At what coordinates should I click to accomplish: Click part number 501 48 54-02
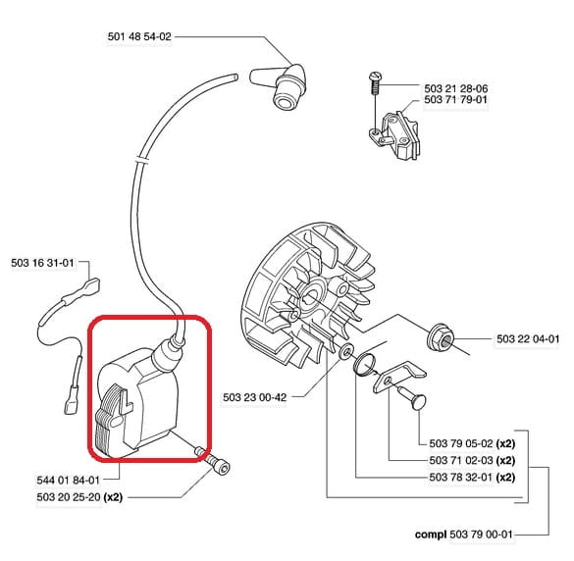click(x=139, y=36)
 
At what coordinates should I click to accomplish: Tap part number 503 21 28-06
click(x=455, y=88)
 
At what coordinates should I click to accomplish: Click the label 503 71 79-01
click(x=455, y=99)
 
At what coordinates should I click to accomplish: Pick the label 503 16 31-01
click(x=42, y=263)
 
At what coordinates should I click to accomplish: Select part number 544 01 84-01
click(x=69, y=481)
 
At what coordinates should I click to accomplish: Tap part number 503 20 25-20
click(x=69, y=497)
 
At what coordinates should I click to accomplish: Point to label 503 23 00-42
click(x=255, y=397)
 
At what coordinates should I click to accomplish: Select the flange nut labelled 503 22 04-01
click(x=441, y=336)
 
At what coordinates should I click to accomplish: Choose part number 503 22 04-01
click(x=528, y=339)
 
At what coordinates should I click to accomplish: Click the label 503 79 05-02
click(x=461, y=443)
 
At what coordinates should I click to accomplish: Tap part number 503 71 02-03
click(x=461, y=460)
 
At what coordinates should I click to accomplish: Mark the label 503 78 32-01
click(x=461, y=478)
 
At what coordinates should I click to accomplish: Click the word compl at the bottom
click(x=431, y=535)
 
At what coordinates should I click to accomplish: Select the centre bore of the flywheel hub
click(x=312, y=295)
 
